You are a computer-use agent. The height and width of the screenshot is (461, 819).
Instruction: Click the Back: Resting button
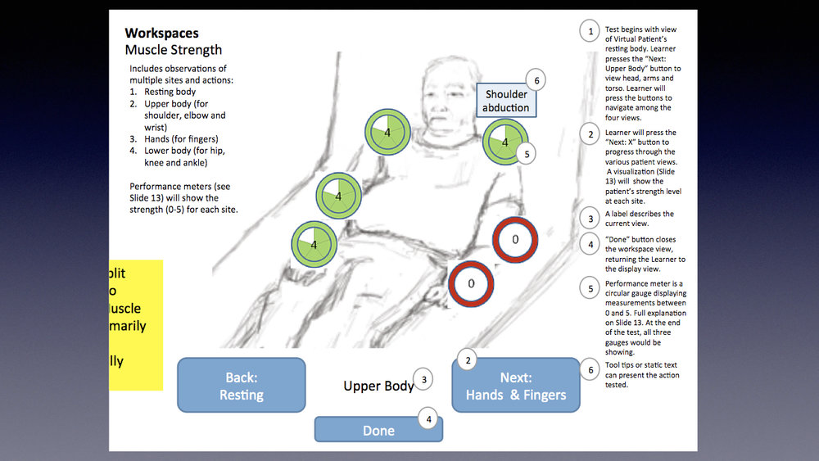(241, 386)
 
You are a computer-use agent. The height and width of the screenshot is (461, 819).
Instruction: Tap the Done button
(378, 430)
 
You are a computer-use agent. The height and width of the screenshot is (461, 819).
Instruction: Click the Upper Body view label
(378, 386)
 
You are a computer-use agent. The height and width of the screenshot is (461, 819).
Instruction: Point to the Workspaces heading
(161, 34)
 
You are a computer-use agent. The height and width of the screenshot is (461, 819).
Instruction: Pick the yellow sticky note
(136, 325)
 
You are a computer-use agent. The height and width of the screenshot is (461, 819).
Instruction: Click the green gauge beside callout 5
(504, 142)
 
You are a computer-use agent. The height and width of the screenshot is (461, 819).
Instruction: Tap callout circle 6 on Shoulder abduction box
(536, 80)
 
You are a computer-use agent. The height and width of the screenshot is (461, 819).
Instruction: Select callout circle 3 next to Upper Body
(423, 379)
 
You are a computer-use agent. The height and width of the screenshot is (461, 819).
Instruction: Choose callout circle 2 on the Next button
(467, 360)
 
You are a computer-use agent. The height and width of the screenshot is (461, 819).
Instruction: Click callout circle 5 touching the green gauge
(527, 153)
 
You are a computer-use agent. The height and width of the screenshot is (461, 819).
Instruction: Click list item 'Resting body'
(170, 92)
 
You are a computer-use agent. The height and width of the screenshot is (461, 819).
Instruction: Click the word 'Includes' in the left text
(147, 69)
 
